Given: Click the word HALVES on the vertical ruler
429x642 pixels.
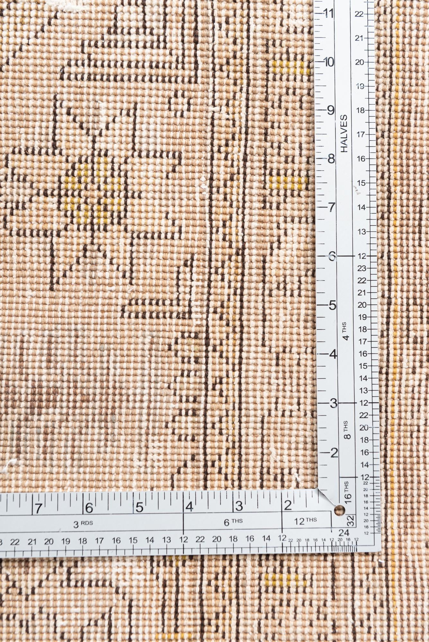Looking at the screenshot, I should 344,133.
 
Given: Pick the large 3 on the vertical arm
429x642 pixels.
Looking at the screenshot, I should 333,403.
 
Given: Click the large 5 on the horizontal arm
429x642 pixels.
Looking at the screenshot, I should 139,508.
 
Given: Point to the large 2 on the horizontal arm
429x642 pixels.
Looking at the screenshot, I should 288,506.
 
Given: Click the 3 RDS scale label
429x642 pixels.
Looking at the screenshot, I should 83,524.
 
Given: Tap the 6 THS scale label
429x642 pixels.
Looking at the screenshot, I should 233,522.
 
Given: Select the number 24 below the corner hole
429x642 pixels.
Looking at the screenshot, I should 344,533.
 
